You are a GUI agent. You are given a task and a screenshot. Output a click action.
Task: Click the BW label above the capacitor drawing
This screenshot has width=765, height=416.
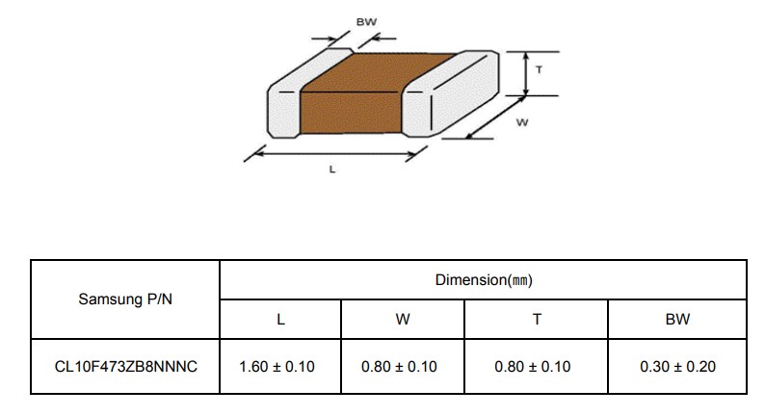coord(366,22)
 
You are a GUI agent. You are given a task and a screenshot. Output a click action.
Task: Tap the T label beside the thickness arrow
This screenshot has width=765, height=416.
coord(540,69)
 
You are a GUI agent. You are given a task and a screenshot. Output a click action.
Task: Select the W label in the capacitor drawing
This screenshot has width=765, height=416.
coord(522,122)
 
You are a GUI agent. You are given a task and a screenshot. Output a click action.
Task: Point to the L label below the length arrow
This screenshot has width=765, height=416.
coord(332,169)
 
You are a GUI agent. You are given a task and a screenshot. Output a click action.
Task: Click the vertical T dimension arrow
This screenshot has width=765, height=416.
coord(526,73)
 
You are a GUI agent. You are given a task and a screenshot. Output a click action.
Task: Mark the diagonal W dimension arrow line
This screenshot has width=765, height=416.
coord(495,117)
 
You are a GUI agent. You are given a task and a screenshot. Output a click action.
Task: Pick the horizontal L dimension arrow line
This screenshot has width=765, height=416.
coord(335,154)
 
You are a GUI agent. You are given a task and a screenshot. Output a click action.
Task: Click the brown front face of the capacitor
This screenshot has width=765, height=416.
coord(351,113)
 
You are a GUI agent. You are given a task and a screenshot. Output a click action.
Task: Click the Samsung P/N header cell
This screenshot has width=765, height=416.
coord(125,299)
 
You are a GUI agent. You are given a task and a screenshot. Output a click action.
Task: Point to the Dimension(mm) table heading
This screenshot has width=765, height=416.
coord(484,280)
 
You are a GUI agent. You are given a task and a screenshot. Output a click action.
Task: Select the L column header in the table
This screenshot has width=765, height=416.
coord(280,320)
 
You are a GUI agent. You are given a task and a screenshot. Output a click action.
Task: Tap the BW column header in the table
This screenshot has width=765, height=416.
coord(677,320)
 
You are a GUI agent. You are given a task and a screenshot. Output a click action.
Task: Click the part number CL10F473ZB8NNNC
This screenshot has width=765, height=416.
coord(126,366)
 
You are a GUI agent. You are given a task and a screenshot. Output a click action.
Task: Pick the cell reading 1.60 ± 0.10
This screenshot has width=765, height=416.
coord(277,366)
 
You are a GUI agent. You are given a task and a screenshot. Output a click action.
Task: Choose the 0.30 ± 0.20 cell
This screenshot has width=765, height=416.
coord(677,366)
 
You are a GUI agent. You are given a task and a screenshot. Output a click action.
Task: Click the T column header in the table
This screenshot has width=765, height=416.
coord(537,320)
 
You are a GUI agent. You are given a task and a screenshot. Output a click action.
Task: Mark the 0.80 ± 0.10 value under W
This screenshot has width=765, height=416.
coord(399,366)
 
